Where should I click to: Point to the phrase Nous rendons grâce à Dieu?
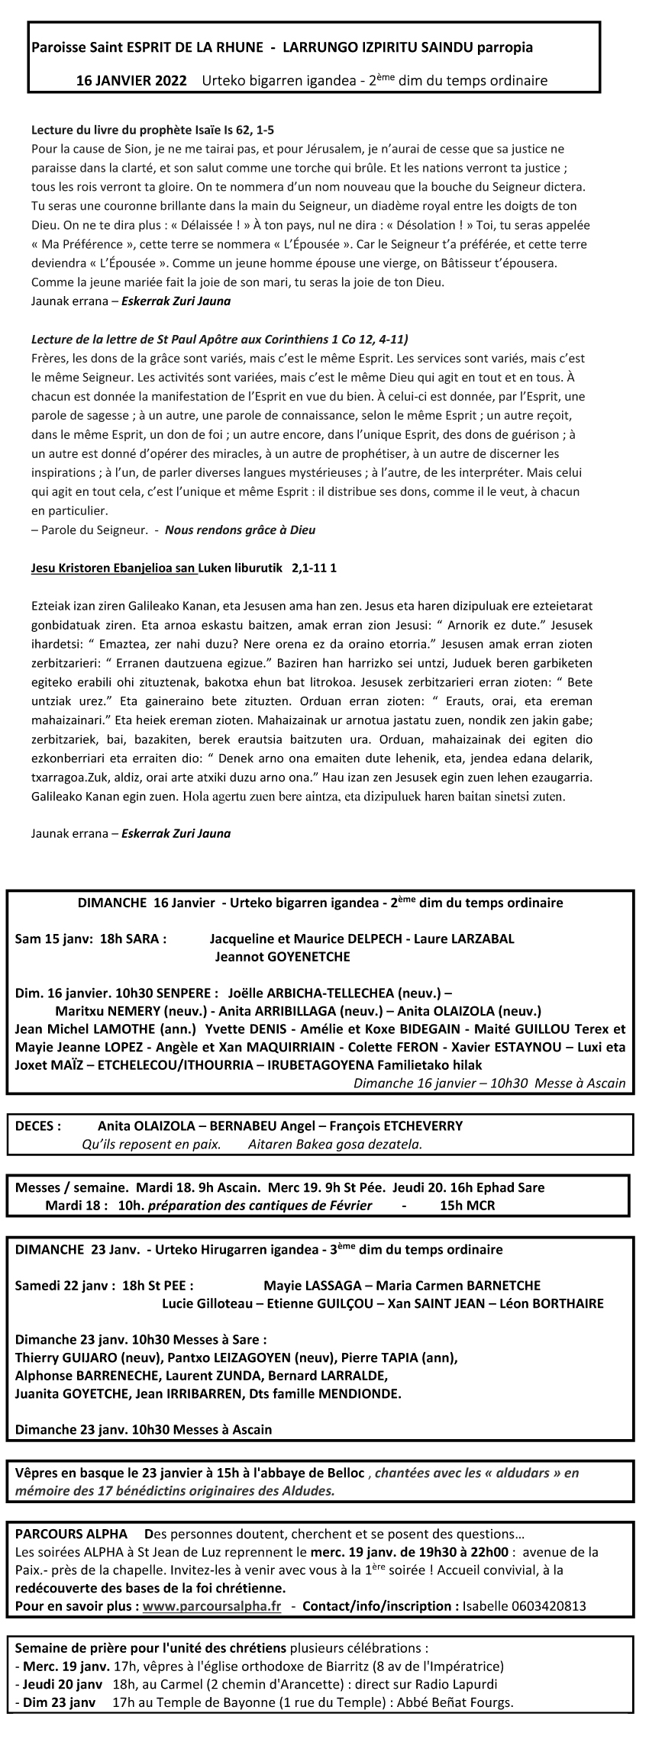click(x=240, y=530)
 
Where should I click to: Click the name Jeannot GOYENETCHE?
click(x=283, y=956)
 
